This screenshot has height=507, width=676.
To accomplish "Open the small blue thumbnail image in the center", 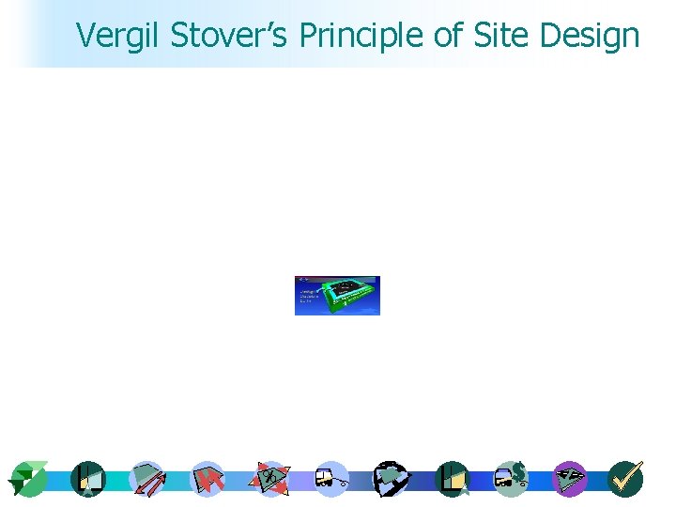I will pos(337,296).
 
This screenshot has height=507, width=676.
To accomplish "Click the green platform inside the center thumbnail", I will pos(348,294).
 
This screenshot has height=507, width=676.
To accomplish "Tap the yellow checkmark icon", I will pos(626,478).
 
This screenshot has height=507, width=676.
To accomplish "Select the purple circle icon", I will pos(569,479).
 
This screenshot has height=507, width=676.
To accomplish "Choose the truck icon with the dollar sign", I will pos(511,479).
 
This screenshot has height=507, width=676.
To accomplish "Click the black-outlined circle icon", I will pos(390,479).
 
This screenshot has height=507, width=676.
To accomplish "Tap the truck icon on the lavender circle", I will pos(330,480).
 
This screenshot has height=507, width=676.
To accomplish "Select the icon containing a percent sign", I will pos(270,479).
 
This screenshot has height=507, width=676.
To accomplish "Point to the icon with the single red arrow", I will pos(207,480).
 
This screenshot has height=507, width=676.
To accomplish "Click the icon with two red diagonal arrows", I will pos(146,480).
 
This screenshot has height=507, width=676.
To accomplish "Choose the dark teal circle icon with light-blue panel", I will pos(87,480).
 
